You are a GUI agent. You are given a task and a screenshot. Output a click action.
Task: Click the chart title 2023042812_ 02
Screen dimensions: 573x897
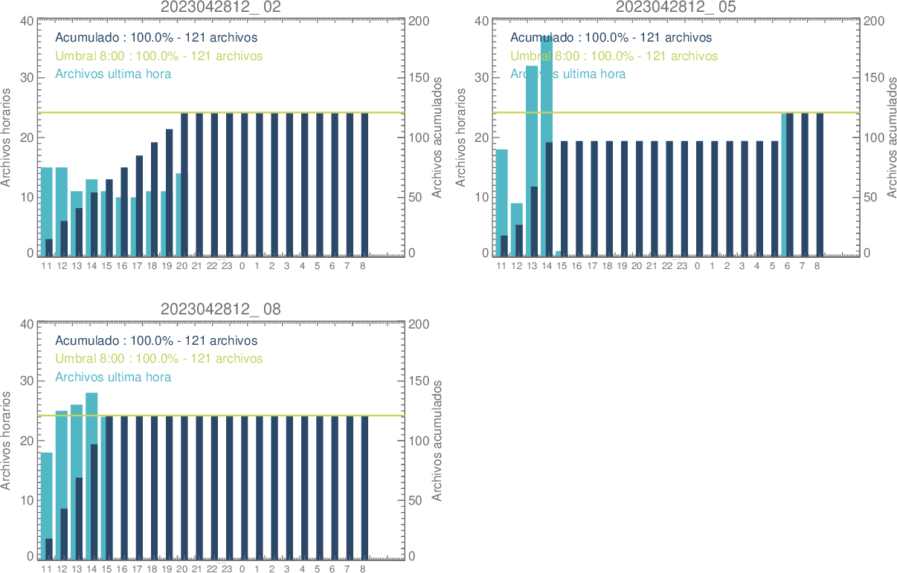221,7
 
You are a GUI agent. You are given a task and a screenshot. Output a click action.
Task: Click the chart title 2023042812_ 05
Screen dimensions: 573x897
676,7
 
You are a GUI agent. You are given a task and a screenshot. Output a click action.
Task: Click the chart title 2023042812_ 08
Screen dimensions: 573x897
221,309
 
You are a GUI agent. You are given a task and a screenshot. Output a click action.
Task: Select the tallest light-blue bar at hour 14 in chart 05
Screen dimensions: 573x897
547,89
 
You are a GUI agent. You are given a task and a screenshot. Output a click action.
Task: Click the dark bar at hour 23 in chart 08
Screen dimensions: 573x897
230,487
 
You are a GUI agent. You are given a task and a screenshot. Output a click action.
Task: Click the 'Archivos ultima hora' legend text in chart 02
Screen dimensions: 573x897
113,74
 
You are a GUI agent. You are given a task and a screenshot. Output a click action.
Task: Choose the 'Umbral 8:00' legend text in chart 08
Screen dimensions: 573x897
158,358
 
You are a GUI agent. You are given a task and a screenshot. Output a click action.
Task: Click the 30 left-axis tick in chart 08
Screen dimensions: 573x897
26,381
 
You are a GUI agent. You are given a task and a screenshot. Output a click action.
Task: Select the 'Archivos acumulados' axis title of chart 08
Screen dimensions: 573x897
437,441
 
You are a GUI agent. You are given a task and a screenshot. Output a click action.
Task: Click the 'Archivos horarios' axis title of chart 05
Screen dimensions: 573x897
460,137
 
